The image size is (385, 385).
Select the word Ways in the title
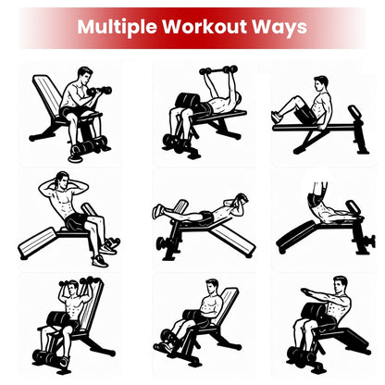[281, 26]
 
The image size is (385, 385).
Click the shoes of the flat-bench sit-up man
[277, 116]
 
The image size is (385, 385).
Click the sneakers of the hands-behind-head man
[109, 245]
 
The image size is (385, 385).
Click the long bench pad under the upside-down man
[305, 234]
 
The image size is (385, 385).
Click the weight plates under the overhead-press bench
[48, 355]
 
